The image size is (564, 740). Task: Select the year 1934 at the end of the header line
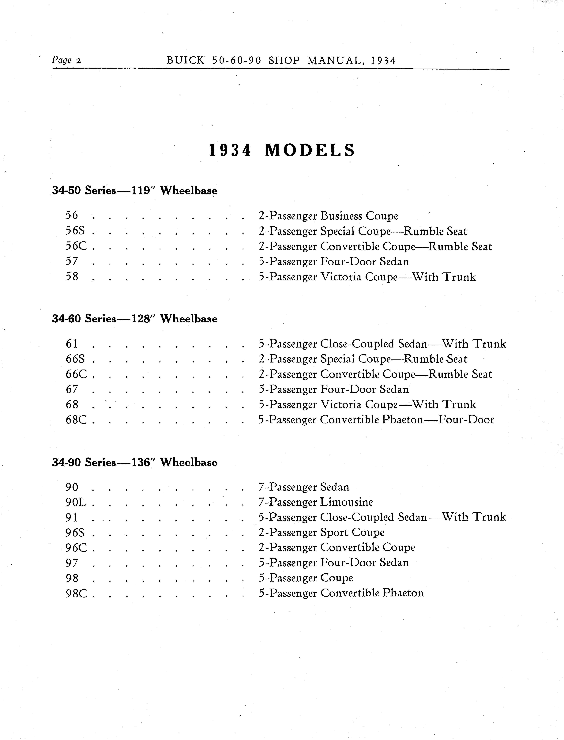pos(384,60)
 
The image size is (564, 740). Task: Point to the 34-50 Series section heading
pos(84,191)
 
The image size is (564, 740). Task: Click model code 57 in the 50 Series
pos(72,261)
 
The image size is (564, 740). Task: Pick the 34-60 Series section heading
pos(84,319)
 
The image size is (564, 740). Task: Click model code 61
pos(72,344)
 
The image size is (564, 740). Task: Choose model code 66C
pos(76,374)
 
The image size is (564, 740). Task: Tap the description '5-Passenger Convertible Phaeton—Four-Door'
pos(376,420)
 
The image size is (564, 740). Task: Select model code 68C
pos(76,420)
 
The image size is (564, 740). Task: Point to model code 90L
pos(76,502)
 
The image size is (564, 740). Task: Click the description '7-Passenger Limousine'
pos(316,502)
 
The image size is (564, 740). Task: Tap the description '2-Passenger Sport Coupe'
pos(321,533)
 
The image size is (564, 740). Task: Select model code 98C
pos(76,593)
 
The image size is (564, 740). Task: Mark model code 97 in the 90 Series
pos(72,563)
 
